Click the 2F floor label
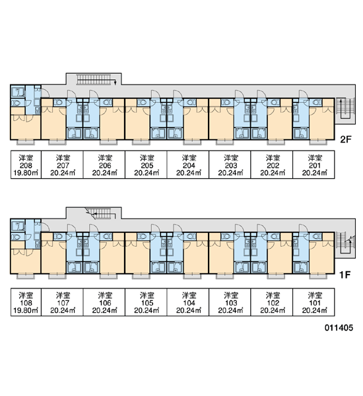[346, 139]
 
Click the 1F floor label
[345, 275]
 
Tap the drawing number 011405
[339, 327]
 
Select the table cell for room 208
[26, 164]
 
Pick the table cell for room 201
[313, 164]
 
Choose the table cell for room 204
[188, 164]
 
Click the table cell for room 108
[26, 302]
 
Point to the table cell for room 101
[313, 302]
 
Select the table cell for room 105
[146, 302]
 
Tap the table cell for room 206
[104, 164]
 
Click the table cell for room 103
[230, 302]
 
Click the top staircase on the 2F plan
[96, 79]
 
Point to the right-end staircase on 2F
[345, 109]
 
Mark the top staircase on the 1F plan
[101, 214]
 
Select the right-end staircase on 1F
[346, 243]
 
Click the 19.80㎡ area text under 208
[26, 173]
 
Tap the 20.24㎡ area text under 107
[63, 310]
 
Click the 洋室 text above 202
[273, 158]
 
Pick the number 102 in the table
[273, 303]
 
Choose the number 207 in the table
[63, 166]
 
